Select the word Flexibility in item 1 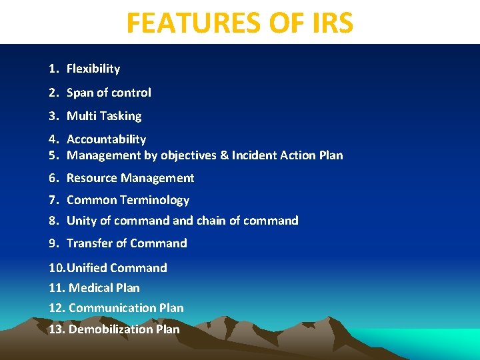tap(93, 69)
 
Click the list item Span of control tap(109, 93)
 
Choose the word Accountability tap(106, 139)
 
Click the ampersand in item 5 tap(223, 155)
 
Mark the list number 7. tap(53, 200)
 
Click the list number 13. tap(57, 329)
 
